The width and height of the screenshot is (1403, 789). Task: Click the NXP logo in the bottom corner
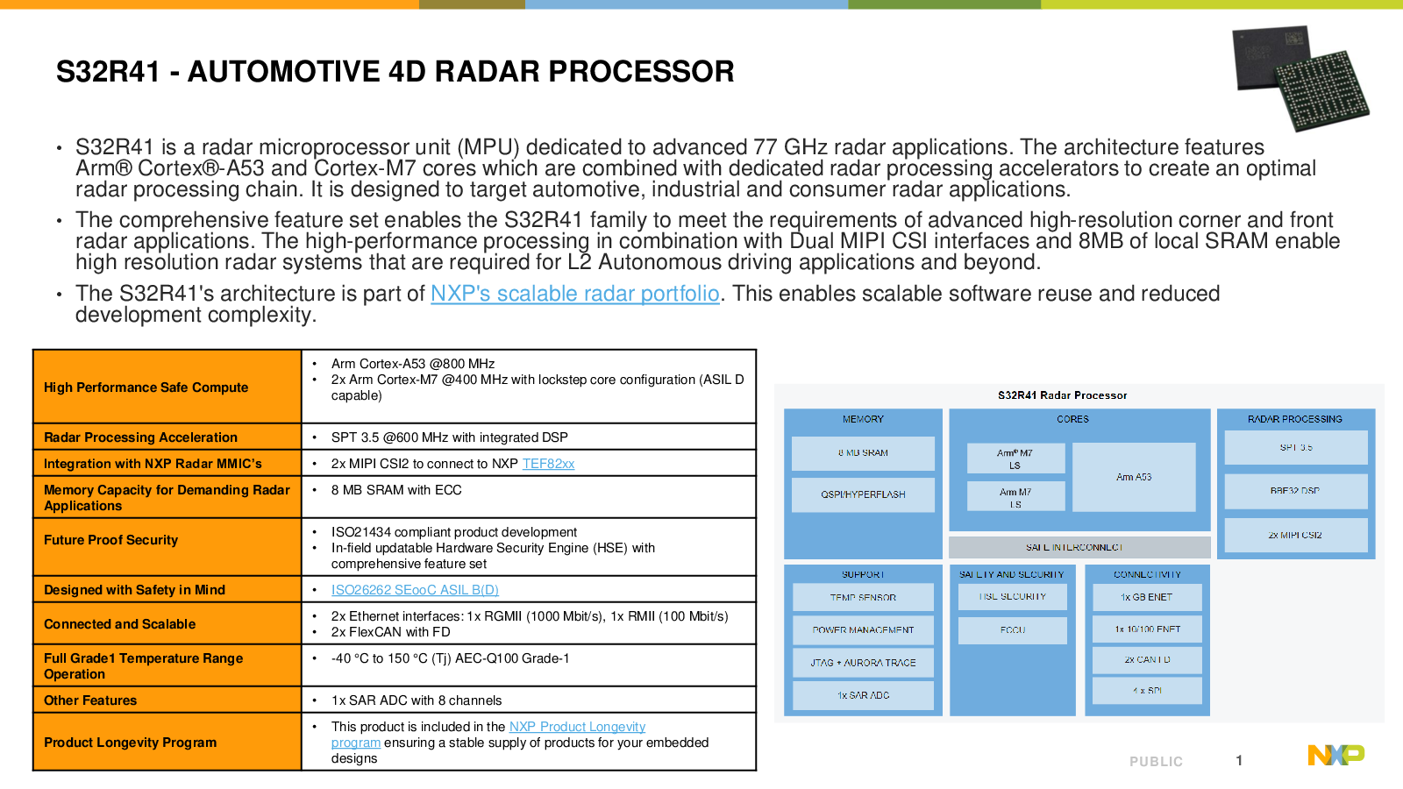coord(1335,755)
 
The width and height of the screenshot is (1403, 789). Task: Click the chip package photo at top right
coord(1300,77)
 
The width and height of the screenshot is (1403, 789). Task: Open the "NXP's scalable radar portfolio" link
coord(574,294)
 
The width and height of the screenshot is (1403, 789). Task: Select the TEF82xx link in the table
coord(548,464)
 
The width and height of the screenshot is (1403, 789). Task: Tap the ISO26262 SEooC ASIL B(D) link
coord(415,590)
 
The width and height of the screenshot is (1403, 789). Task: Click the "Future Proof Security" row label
coord(111,540)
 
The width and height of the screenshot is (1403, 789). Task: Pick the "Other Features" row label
coord(90,700)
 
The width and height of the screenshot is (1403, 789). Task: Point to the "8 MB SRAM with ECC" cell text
coord(396,490)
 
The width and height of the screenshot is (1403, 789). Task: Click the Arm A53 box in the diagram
coord(1134,477)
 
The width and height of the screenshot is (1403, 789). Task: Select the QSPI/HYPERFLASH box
coord(863,494)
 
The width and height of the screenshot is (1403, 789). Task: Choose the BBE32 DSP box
coord(1295,491)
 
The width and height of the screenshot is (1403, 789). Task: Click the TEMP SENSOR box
coord(863,597)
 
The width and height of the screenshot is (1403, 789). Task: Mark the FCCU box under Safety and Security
coord(1013,630)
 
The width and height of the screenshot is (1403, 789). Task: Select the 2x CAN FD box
coord(1147,659)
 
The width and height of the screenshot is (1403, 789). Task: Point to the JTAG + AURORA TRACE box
coord(863,663)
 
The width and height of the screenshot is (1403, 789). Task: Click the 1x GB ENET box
coord(1147,597)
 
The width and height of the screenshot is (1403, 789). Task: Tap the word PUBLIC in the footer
coord(1156,762)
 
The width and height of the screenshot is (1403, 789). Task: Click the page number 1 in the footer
coord(1239,761)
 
